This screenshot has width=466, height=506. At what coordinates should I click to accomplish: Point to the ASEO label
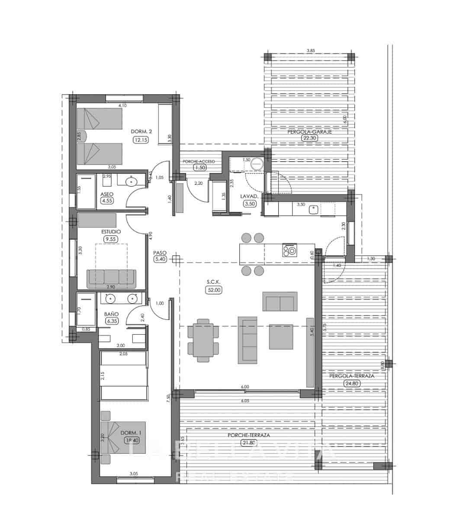point(107,194)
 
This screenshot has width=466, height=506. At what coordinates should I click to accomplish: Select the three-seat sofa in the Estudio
point(112,279)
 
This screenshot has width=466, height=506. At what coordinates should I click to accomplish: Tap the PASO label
point(160,253)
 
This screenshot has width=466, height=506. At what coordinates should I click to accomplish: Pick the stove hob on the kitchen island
point(289,250)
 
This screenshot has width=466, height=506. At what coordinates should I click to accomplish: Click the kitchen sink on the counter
point(313,210)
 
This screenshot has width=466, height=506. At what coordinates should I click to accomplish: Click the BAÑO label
point(111,314)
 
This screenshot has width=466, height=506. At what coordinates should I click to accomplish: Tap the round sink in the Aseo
point(131,182)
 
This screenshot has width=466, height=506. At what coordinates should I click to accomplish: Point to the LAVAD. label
point(249,196)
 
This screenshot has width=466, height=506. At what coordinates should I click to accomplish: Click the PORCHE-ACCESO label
point(199,161)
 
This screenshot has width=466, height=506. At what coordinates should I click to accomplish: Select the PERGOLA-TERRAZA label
point(351,376)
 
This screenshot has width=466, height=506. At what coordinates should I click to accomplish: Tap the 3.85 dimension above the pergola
point(310,51)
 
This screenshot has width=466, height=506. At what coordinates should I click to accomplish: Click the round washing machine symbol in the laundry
point(257,164)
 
